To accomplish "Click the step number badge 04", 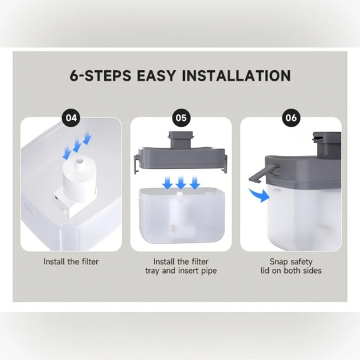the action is coord(71,118).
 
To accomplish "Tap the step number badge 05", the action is coord(181,118).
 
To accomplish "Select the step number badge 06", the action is coord(291,118).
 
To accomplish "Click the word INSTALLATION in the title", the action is coord(236,76).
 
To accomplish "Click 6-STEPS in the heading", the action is coord(101,76).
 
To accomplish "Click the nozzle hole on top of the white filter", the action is coord(80,160).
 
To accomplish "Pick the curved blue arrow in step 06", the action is coord(259,195).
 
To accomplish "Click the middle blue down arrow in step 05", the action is coord(181,182).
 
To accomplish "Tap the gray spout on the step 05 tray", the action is coord(181,140).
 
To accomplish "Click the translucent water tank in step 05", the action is coord(181,215).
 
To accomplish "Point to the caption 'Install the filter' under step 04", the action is coord(71,261).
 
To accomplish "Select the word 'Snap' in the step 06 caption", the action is coord(279,262).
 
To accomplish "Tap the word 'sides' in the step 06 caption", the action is coord(312,271).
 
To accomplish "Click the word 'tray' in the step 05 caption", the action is coord(152,271).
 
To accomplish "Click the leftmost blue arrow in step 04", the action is coord(67,153).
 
